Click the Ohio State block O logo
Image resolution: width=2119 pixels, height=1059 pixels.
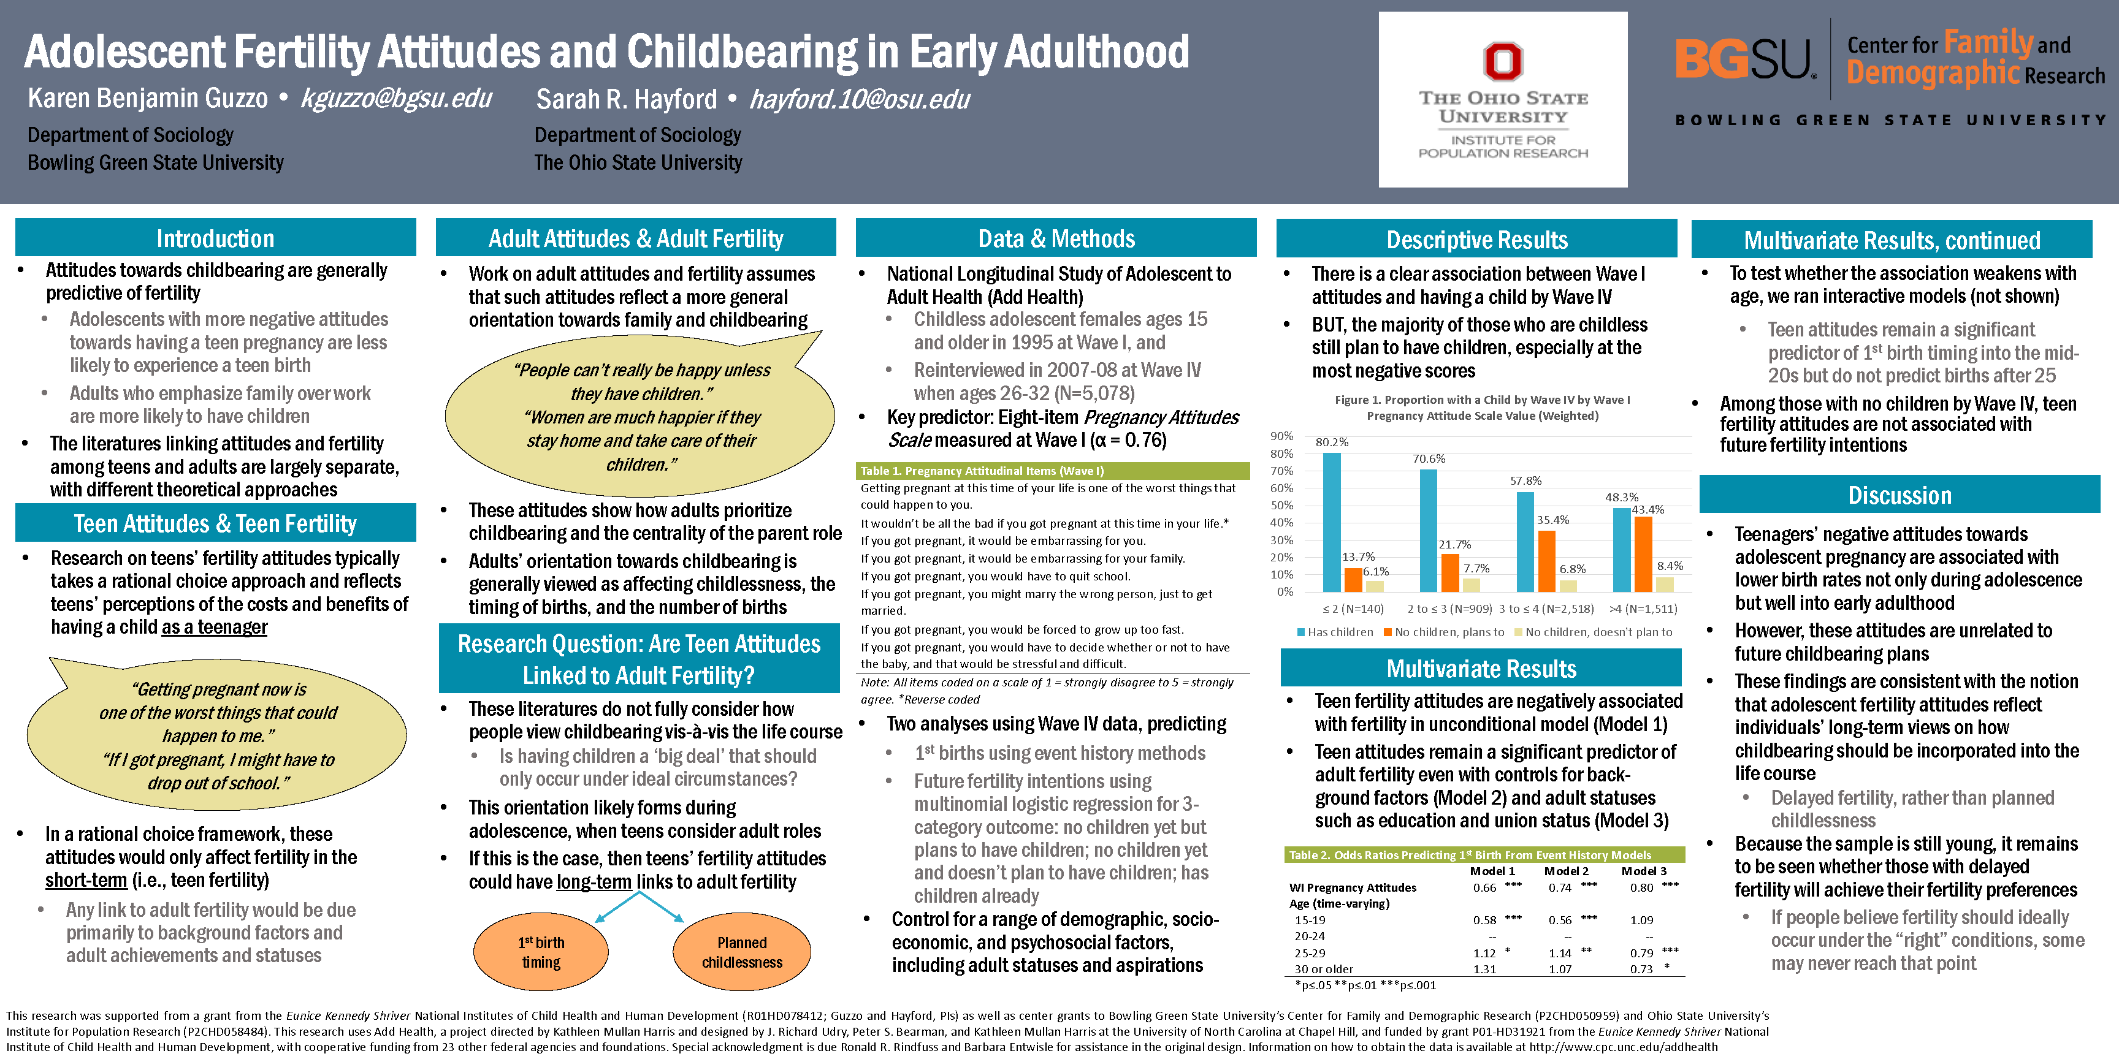[1503, 62]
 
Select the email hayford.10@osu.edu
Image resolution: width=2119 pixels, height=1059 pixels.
[860, 99]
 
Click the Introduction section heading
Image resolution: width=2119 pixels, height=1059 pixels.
[216, 238]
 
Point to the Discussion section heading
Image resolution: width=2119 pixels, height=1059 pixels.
[1899, 495]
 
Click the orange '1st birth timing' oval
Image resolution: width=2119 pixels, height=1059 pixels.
[541, 952]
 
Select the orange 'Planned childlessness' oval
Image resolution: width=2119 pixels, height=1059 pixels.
[742, 952]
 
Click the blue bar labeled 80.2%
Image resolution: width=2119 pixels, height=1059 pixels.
[1332, 522]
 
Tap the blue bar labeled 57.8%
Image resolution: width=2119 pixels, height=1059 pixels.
[1525, 542]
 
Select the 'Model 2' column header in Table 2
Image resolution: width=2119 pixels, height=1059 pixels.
[1566, 871]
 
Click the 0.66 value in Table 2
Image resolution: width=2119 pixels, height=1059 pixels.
[1485, 888]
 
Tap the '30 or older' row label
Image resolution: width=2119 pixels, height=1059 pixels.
[1324, 970]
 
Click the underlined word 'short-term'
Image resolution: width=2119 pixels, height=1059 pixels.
[86, 881]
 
